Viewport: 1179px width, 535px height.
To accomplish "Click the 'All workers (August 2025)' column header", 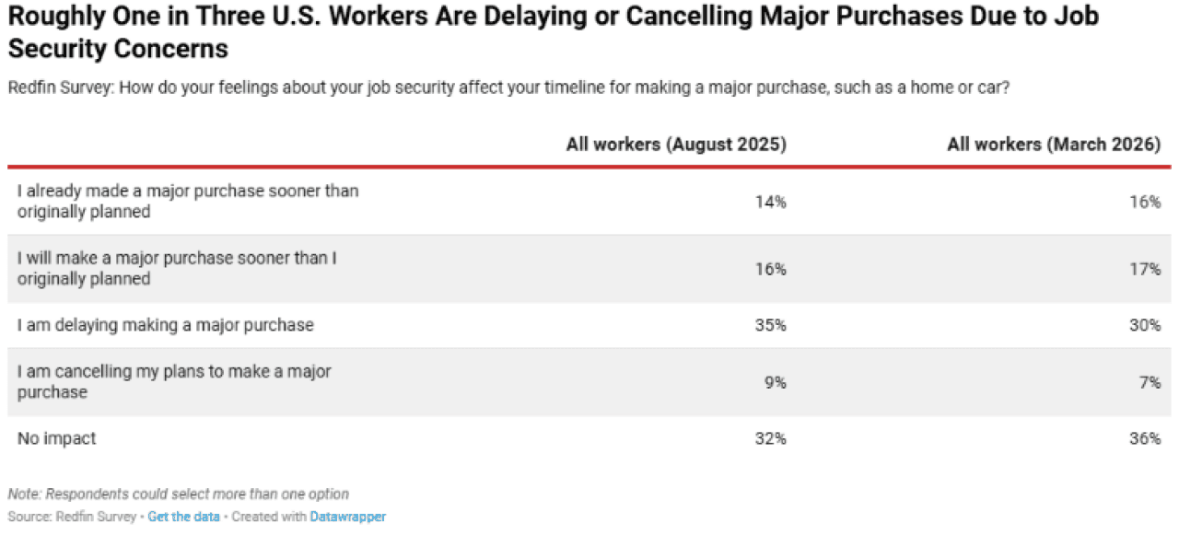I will pos(676,145).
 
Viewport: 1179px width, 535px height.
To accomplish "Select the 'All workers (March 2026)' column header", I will pos(1054,145).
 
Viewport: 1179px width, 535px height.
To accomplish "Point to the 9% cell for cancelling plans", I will pos(776,382).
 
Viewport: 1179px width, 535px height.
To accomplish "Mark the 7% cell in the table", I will pos(1150,382).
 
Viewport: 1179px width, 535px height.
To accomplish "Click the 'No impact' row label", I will pos(56,439).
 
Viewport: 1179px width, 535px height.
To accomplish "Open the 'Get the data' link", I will pos(184,517).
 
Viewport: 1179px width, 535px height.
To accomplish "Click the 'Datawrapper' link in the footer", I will pos(347,517).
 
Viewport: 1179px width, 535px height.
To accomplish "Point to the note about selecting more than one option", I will pos(179,494).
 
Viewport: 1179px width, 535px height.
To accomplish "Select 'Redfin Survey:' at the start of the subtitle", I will pos(56,87).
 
